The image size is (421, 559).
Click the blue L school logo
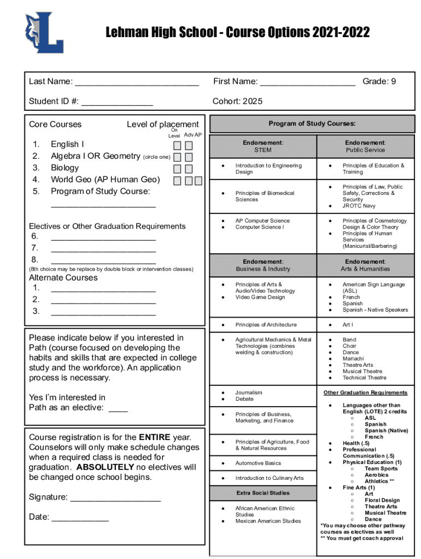(44, 33)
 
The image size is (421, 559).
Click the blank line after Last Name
(137, 82)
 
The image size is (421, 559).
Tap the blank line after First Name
(307, 82)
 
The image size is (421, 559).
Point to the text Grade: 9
(379, 81)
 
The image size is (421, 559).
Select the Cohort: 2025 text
(237, 101)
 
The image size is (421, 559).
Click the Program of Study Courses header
(312, 123)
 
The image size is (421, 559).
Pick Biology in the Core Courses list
(65, 168)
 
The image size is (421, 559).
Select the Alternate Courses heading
(63, 277)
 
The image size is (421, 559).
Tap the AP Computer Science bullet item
(262, 221)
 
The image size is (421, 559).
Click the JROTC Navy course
(359, 206)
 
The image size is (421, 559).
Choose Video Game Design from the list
(260, 297)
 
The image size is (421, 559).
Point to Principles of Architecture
(266, 325)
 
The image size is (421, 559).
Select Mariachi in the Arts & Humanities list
(354, 359)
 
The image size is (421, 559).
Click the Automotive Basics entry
(258, 463)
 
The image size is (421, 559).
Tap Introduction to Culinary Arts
(269, 478)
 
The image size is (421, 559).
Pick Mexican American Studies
(268, 521)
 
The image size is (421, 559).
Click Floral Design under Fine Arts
(382, 500)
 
